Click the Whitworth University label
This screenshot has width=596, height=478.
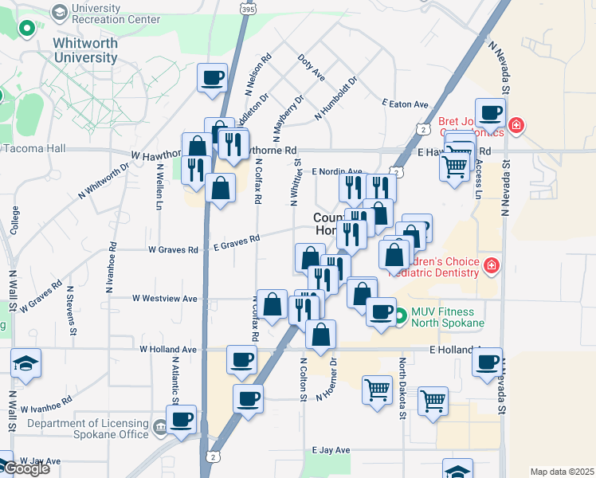(x=85, y=49)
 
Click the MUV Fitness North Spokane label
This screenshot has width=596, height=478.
(x=448, y=317)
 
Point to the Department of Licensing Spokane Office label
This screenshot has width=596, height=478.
(x=88, y=429)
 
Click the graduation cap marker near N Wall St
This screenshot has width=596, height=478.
(x=26, y=363)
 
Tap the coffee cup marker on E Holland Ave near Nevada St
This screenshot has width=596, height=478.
(x=487, y=362)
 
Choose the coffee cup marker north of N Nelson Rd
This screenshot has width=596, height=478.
(x=213, y=78)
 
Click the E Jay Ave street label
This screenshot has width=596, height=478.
(x=331, y=450)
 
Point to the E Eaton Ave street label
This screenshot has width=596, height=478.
(x=405, y=104)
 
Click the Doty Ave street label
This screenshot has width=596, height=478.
(x=311, y=68)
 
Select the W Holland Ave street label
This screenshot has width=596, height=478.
(x=167, y=349)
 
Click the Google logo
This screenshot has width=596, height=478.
(x=26, y=468)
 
